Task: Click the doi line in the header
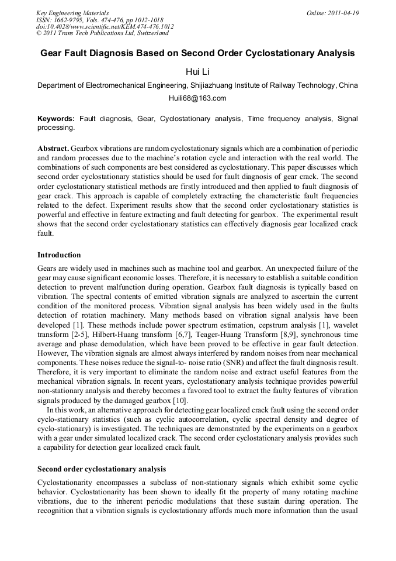(x=105, y=27)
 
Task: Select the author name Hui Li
(x=197, y=71)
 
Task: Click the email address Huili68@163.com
(x=197, y=98)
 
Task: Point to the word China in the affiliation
(x=348, y=85)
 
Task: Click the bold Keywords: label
(x=56, y=119)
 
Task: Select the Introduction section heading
(x=59, y=255)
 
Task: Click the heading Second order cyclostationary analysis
(x=102, y=469)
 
